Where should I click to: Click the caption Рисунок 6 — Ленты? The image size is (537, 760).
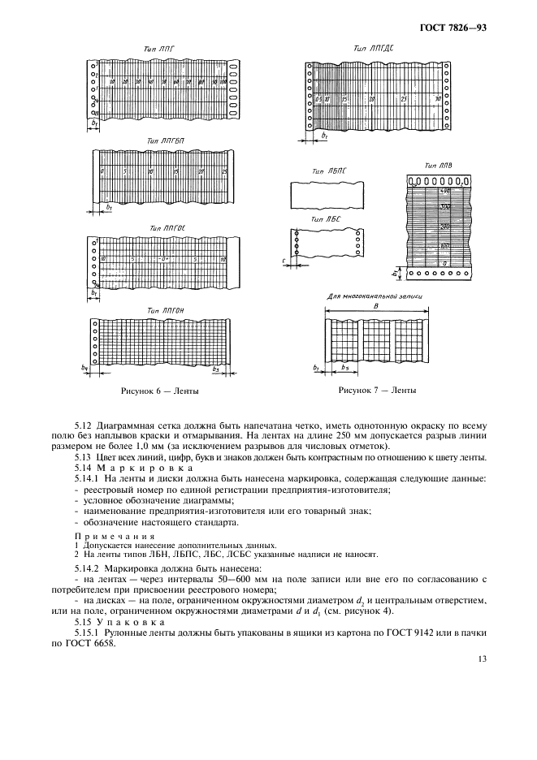(x=160, y=391)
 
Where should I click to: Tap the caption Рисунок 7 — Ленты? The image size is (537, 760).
(x=377, y=390)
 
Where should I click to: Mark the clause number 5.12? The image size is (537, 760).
(x=83, y=424)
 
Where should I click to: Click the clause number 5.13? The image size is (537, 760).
(x=83, y=457)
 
